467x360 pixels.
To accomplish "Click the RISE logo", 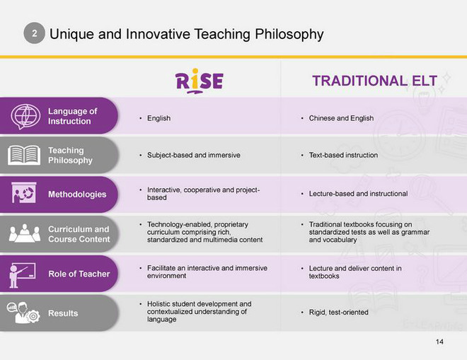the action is tap(200, 81).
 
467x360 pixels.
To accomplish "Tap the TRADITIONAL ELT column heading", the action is tap(374, 81).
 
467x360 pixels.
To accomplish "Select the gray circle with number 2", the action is tap(34, 33).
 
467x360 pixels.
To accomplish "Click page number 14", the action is tap(439, 342).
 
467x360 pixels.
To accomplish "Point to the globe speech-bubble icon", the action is tap(25, 117).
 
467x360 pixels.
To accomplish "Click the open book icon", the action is tap(24, 155).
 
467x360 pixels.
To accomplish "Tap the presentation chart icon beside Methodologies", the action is tap(24, 193).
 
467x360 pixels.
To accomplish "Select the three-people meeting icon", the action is tap(25, 233).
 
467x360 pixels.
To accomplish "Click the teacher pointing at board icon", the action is tap(22, 275).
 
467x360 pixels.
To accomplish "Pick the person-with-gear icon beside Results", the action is tap(23, 313).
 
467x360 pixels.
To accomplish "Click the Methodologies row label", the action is tap(77, 194).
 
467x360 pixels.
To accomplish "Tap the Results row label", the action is tap(63, 313).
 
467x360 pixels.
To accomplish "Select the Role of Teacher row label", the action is tap(79, 274).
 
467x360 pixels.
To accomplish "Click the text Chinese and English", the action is tap(341, 118).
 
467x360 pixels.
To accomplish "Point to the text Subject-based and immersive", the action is tap(194, 155).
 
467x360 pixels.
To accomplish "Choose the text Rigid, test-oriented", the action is tap(339, 312).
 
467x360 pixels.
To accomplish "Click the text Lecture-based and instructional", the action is tap(358, 194).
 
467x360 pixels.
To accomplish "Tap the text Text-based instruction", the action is tap(343, 155).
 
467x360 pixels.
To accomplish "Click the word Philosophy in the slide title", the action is tap(289, 34).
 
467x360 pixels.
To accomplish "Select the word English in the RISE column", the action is tap(158, 118).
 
